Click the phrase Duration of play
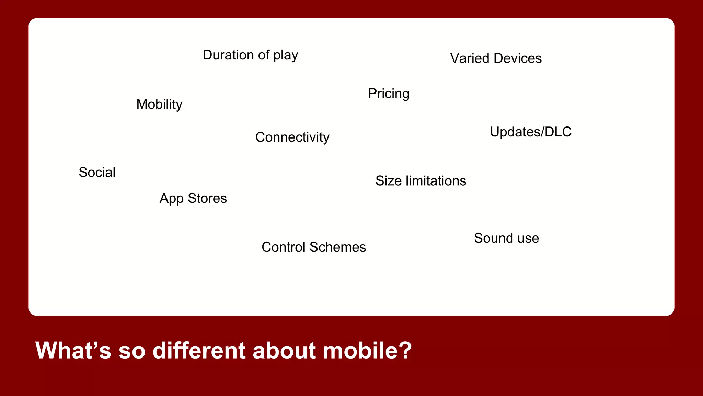coord(250,55)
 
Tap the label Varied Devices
coord(496,58)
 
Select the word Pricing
coord(389,93)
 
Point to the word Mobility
coord(159,104)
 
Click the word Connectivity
coord(292,137)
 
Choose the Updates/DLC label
coord(530,132)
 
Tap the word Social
coord(97,172)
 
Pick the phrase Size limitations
coord(420,181)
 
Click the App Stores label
coord(193,198)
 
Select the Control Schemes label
coord(313,247)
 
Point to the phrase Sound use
coord(506,238)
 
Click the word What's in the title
coord(73,351)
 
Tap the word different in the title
coord(199,351)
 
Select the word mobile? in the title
coord(367,351)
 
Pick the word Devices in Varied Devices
coord(517,58)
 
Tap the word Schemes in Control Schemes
coord(337,247)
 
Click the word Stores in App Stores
coord(207,198)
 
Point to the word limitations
coord(436,181)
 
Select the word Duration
coord(228,55)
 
